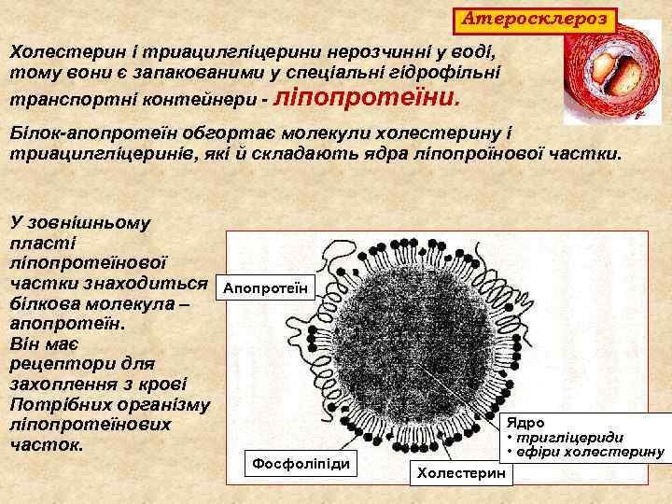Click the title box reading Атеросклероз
536,18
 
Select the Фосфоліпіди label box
301,462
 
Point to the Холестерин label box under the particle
462,473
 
